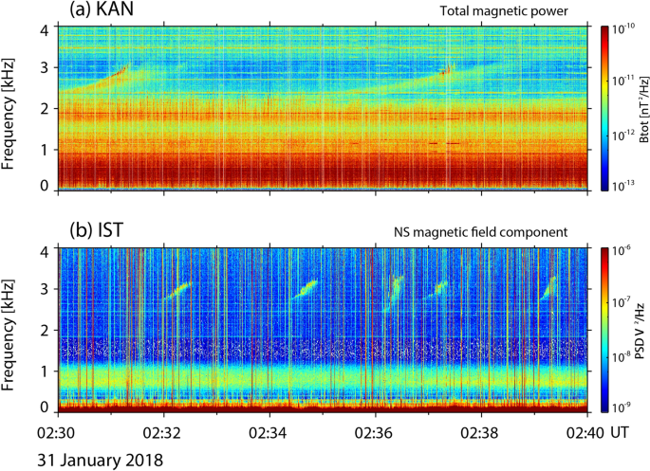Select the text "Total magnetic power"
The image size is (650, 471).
pos(520,12)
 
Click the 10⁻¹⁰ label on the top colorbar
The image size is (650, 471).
pos(628,30)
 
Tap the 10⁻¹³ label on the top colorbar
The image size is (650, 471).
pos(628,185)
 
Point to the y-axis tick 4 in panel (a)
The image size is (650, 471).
pos(45,30)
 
